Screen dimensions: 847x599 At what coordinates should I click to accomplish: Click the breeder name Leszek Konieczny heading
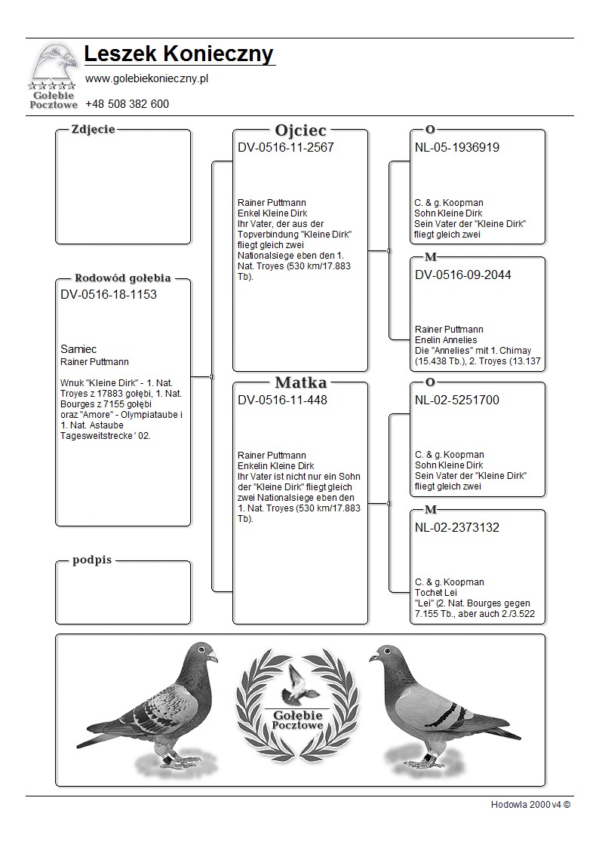tap(179, 54)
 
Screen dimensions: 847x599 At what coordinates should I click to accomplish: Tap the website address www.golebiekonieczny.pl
tap(146, 78)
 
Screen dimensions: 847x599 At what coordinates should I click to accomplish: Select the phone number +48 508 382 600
tap(127, 104)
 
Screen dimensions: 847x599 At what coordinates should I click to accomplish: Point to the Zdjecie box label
tap(93, 130)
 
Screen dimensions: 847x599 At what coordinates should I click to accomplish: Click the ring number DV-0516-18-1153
tap(109, 295)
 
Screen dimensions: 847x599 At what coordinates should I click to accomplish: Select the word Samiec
tap(78, 349)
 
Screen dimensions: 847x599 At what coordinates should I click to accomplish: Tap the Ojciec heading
tap(300, 130)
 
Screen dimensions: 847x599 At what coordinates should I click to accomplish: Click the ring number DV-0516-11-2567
tap(285, 148)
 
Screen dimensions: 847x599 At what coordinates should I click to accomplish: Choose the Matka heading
tap(300, 383)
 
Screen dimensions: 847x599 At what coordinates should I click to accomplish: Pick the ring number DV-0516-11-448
tap(282, 400)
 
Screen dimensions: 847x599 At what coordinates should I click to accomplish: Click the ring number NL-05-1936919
tap(456, 148)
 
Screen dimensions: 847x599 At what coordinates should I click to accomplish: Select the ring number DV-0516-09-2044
tap(462, 275)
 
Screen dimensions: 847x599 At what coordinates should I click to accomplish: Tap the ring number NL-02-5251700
tap(456, 400)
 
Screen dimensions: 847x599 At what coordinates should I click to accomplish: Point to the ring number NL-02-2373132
tap(456, 528)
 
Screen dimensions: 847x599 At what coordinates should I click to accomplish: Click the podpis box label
tap(93, 560)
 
